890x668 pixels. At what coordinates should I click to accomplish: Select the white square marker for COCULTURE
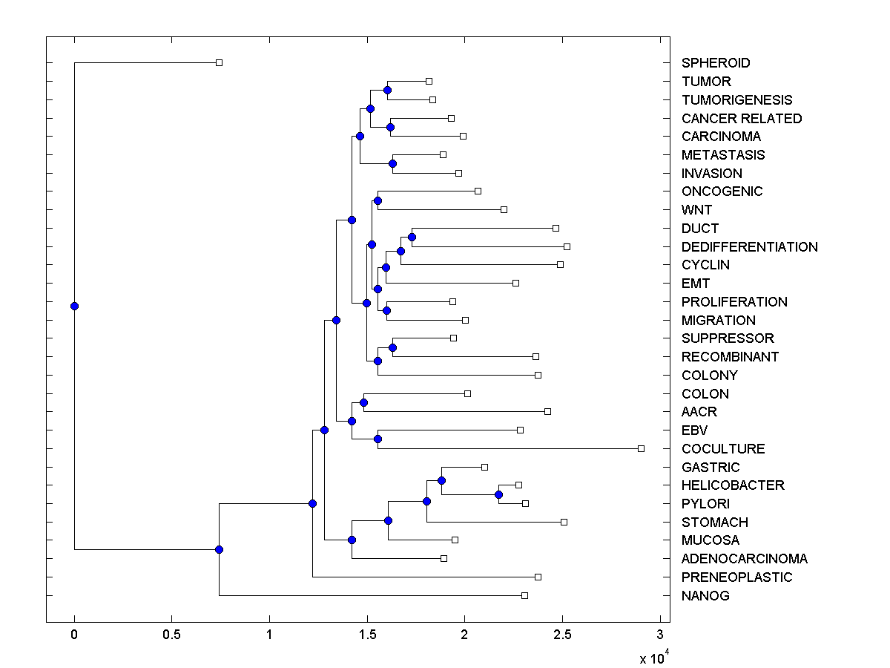coord(642,448)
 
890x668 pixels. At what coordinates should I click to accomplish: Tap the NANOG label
coord(705,595)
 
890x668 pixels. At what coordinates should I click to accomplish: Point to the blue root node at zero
coord(74,306)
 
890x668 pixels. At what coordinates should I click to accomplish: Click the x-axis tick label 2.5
coord(561,635)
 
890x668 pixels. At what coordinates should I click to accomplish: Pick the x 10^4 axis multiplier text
coord(653,657)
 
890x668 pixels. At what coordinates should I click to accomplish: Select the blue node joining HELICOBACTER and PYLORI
coord(498,494)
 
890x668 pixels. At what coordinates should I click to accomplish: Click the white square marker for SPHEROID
coord(219,63)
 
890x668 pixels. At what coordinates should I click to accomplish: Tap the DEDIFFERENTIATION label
coord(749,246)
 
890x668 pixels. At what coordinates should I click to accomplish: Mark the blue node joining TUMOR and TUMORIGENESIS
coord(387,90)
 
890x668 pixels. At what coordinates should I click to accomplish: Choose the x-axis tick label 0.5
coord(171,635)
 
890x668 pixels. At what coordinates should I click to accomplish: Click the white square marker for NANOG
coord(524,595)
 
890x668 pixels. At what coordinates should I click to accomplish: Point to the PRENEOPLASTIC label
coord(736,577)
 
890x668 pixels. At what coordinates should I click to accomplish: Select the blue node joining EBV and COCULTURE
coord(378,439)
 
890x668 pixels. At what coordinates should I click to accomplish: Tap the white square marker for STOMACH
coord(564,522)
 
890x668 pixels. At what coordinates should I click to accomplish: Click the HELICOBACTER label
coord(733,485)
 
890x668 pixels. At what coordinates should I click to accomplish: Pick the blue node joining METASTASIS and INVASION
coord(392,163)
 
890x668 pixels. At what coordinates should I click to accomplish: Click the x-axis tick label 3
coord(659,635)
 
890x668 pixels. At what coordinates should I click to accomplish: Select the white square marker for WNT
coord(504,209)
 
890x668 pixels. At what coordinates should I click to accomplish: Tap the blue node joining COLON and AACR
coord(363,402)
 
